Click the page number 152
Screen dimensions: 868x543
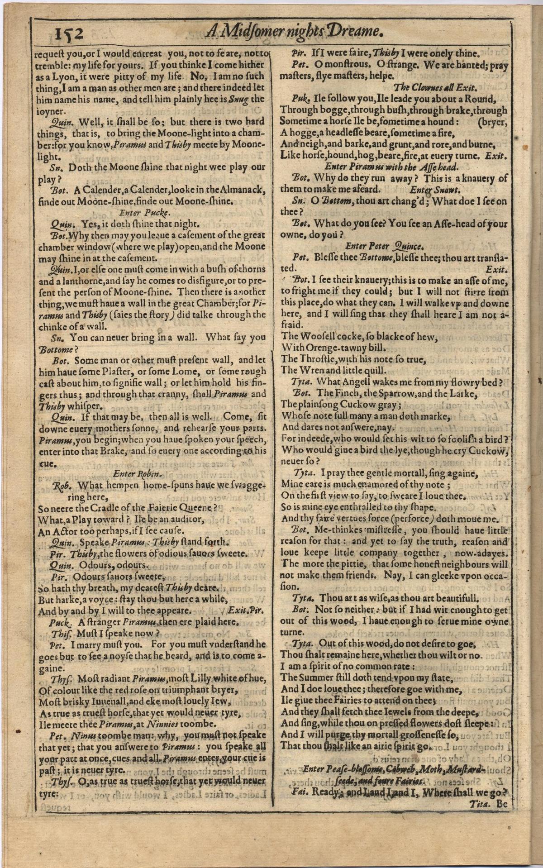pyautogui.click(x=69, y=33)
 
